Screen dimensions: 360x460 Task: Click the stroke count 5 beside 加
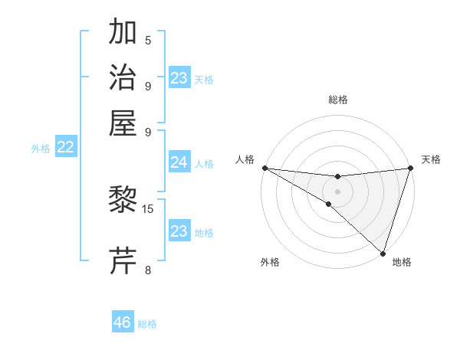148,41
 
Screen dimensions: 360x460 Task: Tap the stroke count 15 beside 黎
149,208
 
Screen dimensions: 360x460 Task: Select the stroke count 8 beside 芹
148,269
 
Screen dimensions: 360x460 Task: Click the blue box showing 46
123,322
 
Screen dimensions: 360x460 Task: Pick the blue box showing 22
65,148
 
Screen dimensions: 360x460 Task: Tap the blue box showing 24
179,162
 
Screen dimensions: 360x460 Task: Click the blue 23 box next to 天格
179,78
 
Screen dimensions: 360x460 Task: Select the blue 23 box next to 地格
179,231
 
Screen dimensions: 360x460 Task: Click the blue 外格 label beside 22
41,149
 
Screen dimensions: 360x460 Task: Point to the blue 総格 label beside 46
147,324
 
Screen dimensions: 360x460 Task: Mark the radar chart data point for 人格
264,168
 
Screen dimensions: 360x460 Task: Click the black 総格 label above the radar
337,100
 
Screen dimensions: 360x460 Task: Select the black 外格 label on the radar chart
270,262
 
